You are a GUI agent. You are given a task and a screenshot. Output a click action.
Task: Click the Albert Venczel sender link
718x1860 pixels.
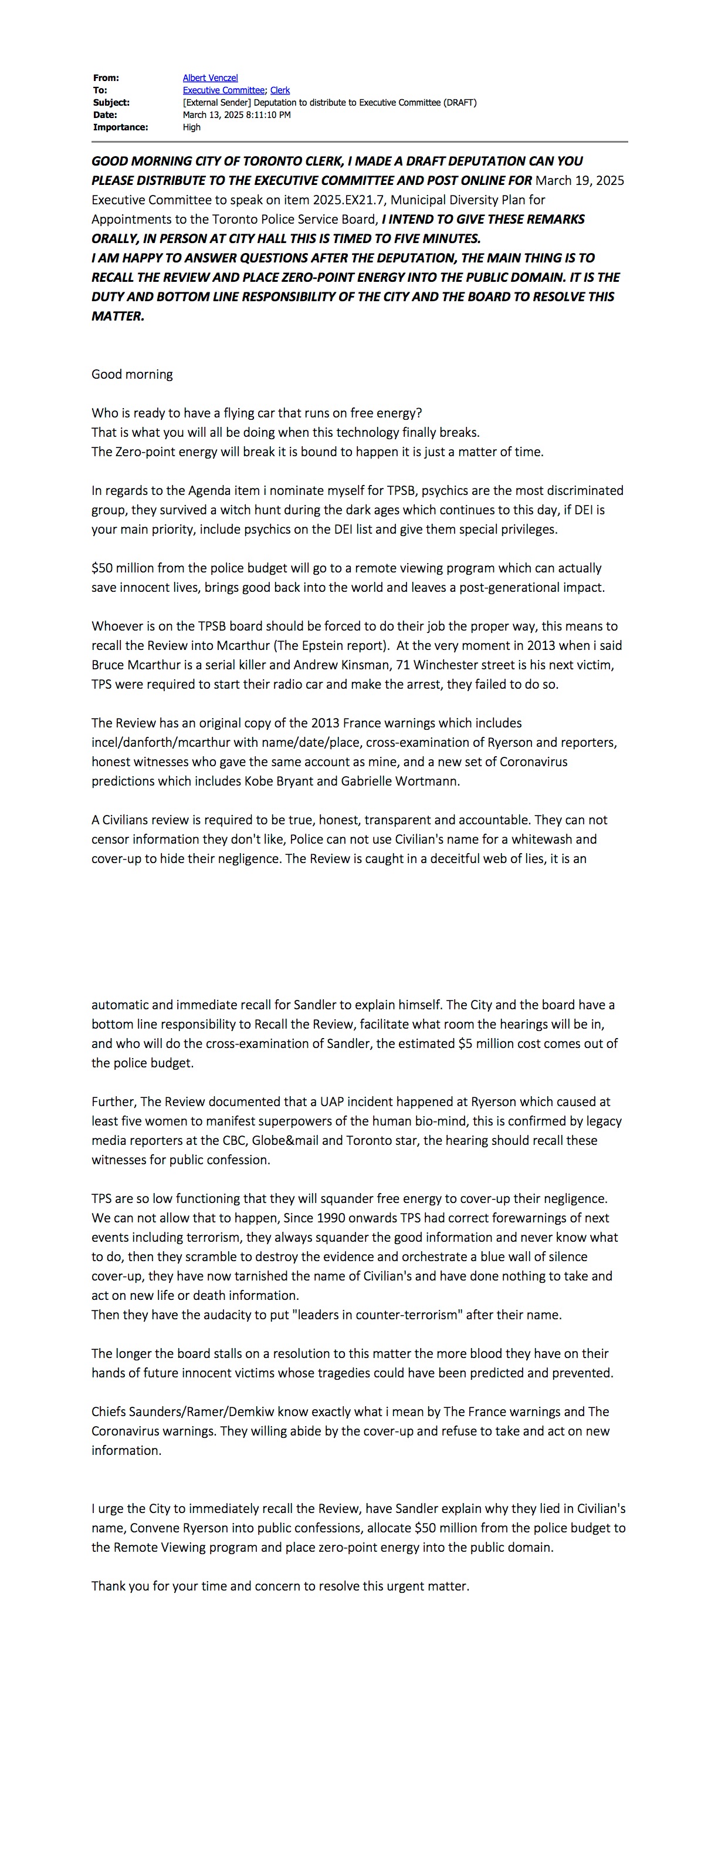pyautogui.click(x=210, y=78)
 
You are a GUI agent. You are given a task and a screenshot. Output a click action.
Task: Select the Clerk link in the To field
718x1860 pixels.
pyautogui.click(x=280, y=90)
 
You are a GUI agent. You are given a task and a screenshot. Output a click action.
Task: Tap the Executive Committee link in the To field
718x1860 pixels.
pyautogui.click(x=223, y=90)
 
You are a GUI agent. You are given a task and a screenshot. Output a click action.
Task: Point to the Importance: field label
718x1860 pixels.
pyautogui.click(x=120, y=127)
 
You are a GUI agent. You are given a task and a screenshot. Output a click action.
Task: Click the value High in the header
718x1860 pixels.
pyautogui.click(x=192, y=127)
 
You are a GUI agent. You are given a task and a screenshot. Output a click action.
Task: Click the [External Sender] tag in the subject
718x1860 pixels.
pyautogui.click(x=216, y=103)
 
